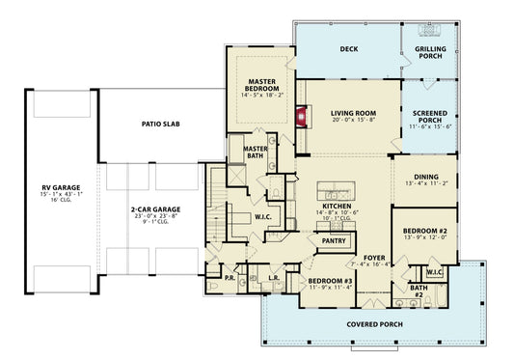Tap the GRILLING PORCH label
[430, 52]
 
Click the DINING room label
[426, 178]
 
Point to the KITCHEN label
[336, 207]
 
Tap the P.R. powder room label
[230, 277]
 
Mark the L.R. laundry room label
[275, 277]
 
